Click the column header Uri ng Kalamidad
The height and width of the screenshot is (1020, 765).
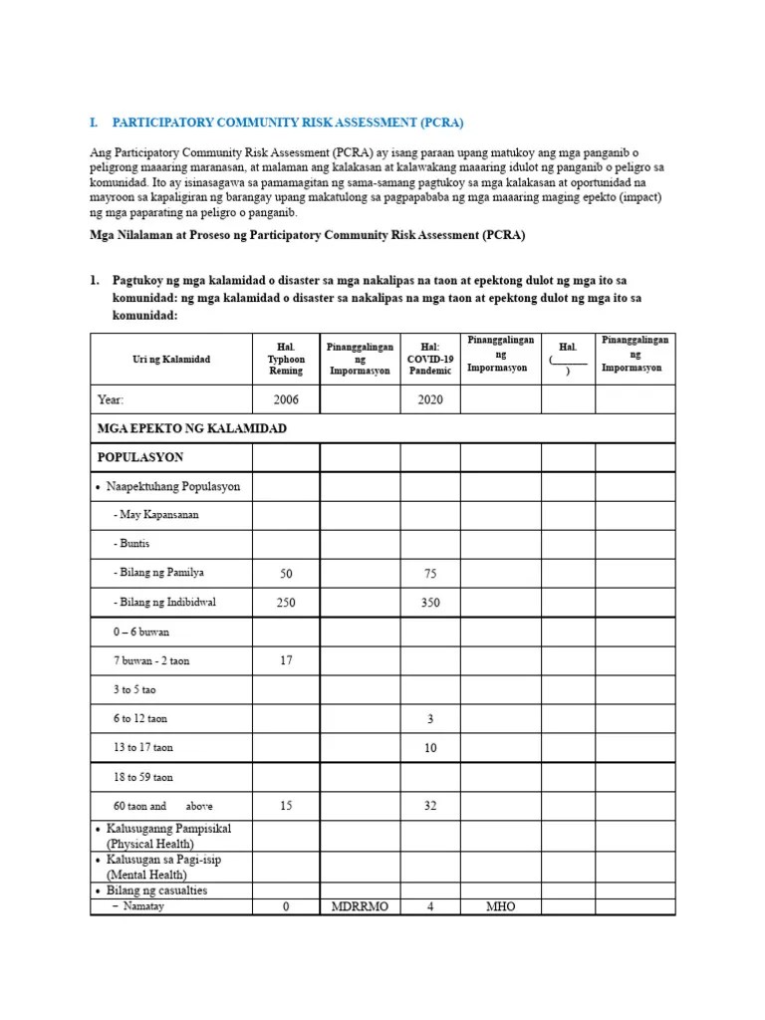coord(170,359)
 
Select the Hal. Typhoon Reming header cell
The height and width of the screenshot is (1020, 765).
coord(286,359)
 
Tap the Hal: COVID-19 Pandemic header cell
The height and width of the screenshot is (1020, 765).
coord(429,359)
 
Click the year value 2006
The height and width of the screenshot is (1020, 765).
coord(286,399)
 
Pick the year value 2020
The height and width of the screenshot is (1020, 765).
coord(429,399)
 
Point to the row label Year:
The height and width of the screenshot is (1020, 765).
coord(111,399)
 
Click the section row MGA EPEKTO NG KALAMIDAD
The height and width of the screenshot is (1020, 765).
coord(191,428)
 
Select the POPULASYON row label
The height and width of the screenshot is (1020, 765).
coord(140,457)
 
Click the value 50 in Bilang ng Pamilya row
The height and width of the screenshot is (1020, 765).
coord(286,574)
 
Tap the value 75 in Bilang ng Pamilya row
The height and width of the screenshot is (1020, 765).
coord(429,574)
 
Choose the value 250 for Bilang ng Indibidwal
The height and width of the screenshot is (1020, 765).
coord(286,603)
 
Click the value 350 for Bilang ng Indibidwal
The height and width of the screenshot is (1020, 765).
coord(429,603)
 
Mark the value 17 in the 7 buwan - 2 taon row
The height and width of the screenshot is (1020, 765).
coord(286,660)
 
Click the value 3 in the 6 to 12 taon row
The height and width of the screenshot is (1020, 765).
coord(429,718)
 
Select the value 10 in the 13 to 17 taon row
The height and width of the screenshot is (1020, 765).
coord(429,747)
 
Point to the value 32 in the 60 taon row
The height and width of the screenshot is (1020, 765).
coord(429,806)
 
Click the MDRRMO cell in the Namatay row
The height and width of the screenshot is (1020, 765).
coord(360,907)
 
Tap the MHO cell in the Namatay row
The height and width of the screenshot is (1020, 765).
coord(499,907)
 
